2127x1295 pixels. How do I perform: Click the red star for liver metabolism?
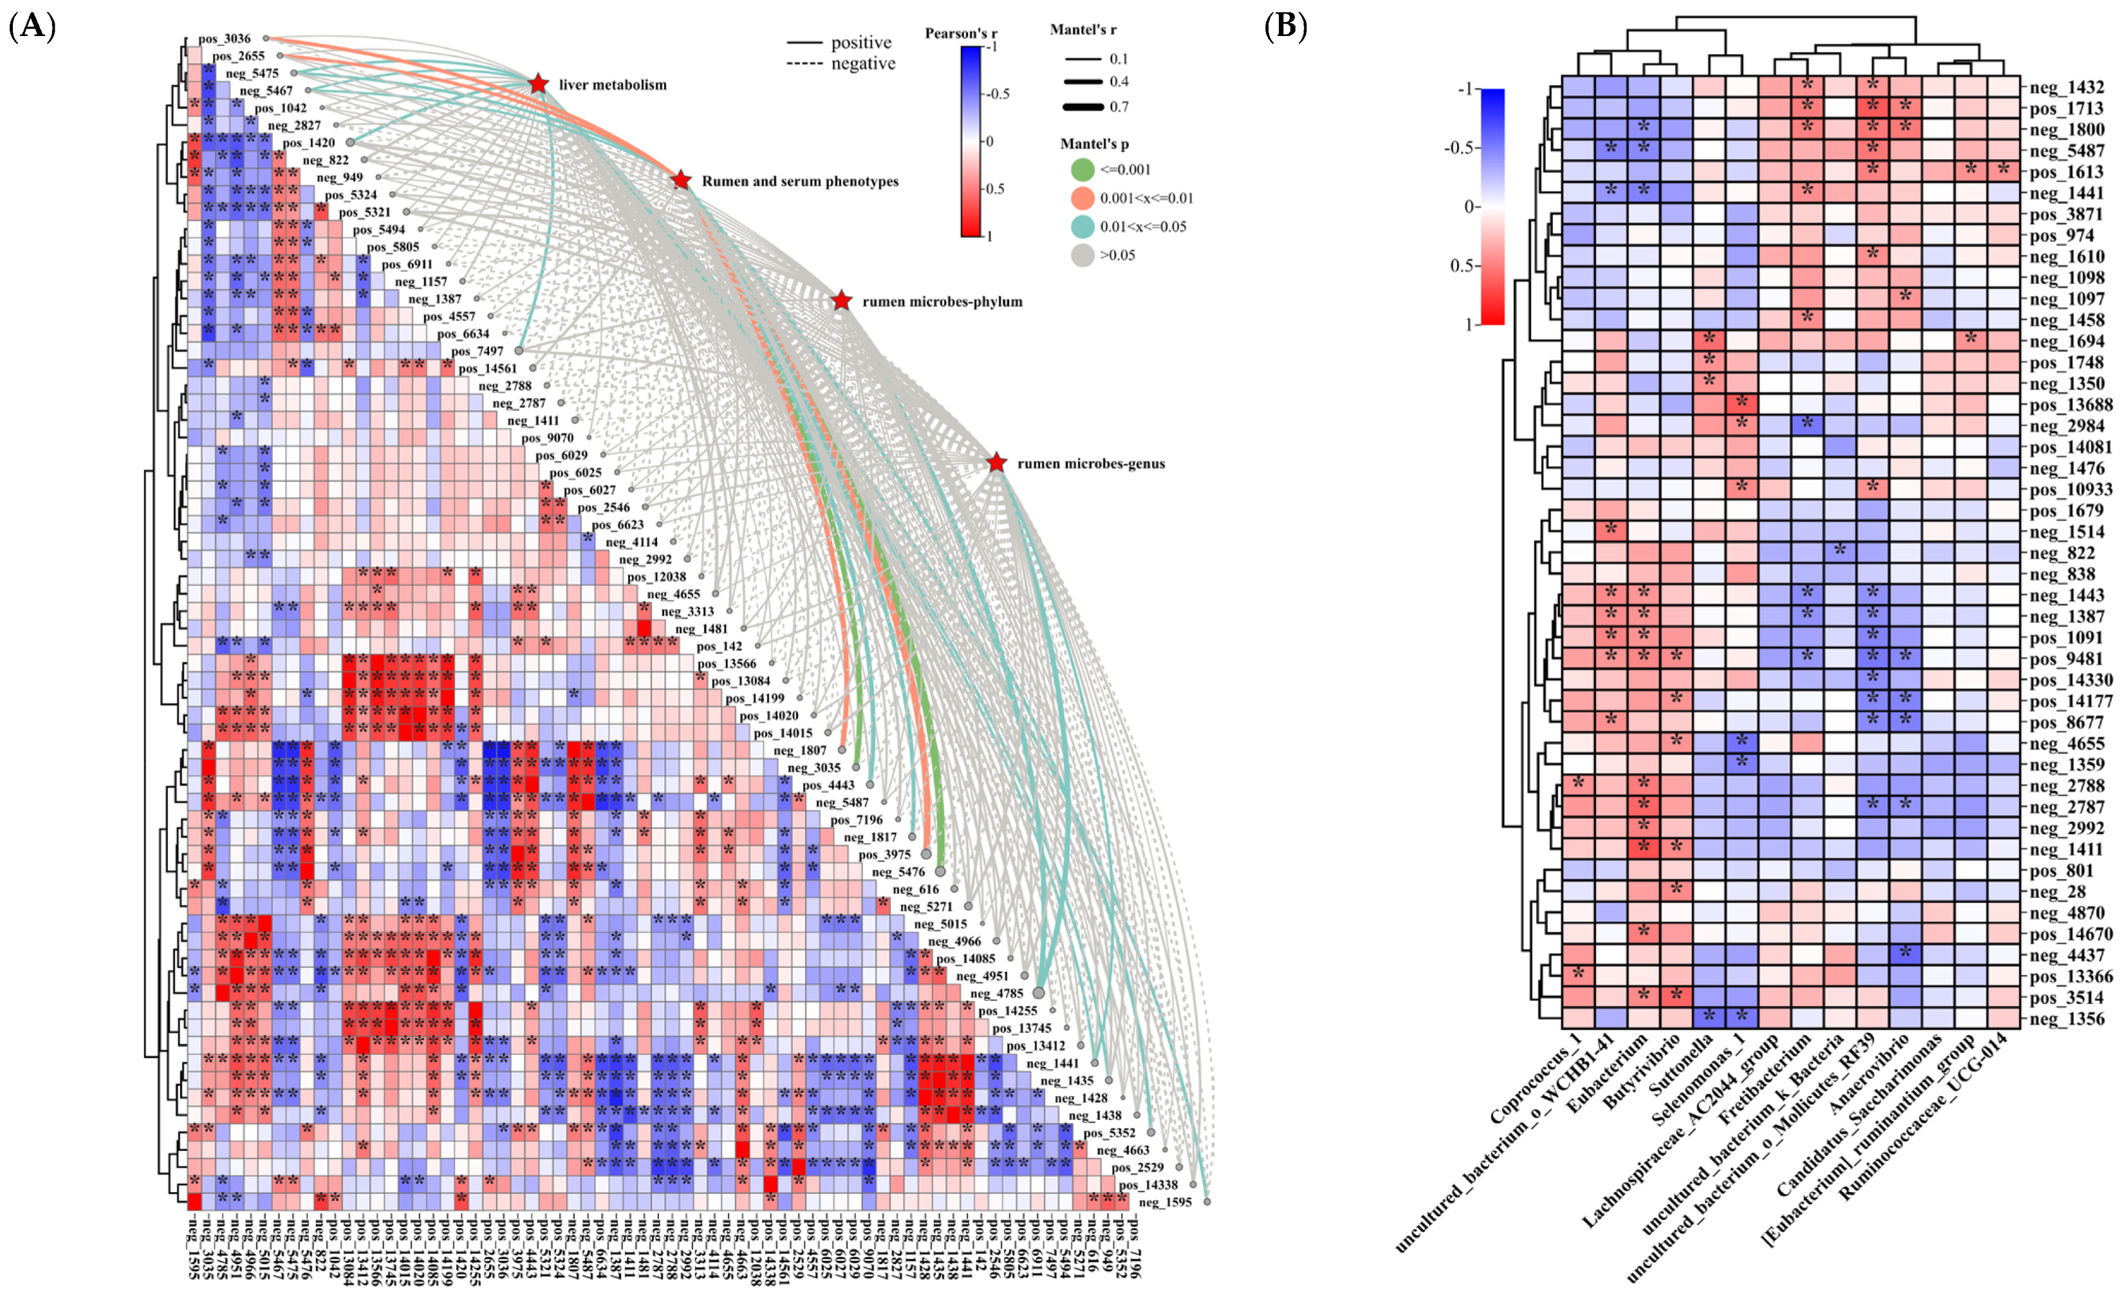[x=538, y=84]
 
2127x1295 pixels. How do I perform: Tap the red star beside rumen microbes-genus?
[x=996, y=463]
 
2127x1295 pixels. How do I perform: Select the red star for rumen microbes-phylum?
[x=842, y=301]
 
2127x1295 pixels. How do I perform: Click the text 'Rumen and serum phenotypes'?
[x=799, y=182]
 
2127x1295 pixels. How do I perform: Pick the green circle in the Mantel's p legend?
[x=1082, y=170]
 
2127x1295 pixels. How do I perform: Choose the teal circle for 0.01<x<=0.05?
[x=1082, y=227]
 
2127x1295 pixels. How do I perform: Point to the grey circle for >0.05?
[x=1082, y=256]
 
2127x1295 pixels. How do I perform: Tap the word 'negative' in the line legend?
[x=862, y=64]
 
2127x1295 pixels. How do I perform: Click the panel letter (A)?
[x=32, y=27]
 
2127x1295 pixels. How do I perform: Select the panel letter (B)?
[x=1285, y=27]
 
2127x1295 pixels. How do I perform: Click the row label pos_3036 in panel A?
[x=225, y=39]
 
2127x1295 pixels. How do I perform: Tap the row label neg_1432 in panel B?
[x=2067, y=87]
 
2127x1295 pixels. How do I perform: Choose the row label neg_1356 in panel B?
[x=2067, y=1019]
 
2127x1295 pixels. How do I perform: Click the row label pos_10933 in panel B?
[x=2071, y=490]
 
